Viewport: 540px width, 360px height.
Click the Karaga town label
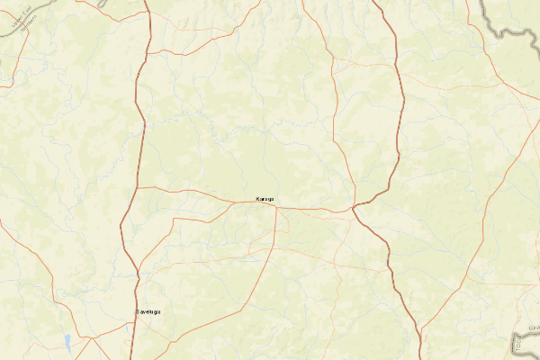[x=264, y=199]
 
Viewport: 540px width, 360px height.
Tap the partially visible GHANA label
[x=534, y=328]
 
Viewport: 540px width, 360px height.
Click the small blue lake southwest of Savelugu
[x=67, y=341]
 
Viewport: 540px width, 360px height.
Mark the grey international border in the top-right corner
[x=504, y=27]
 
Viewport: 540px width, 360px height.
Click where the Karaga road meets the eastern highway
[x=355, y=208]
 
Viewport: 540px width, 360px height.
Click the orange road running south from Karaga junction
[x=274, y=234]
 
